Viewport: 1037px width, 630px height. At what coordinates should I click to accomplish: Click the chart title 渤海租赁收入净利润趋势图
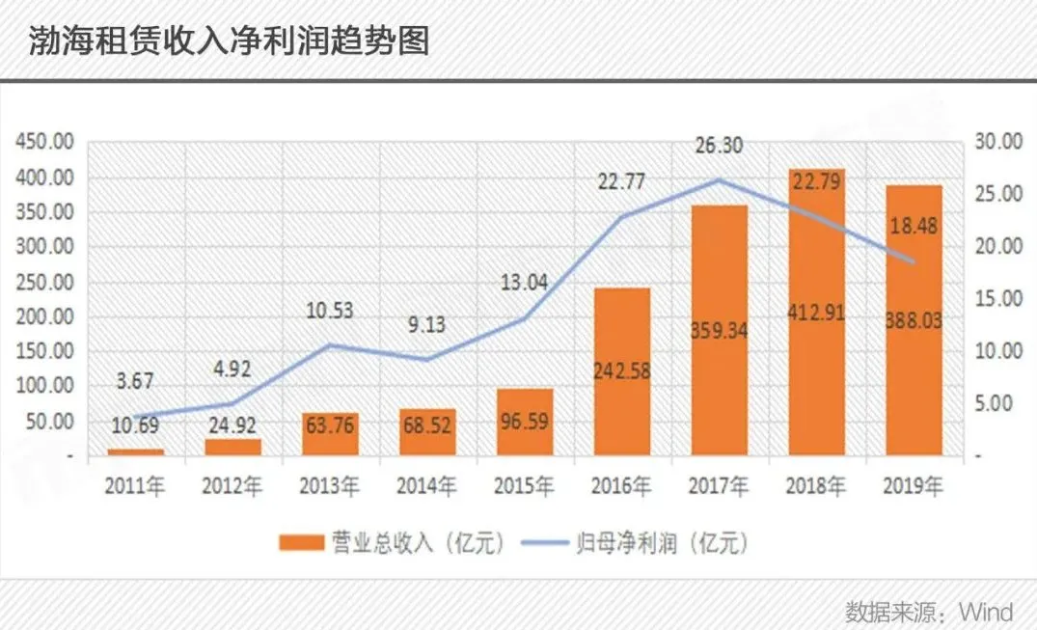click(229, 41)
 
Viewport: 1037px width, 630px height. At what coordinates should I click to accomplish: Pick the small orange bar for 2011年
click(136, 451)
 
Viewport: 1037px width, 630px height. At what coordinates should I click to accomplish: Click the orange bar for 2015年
click(525, 422)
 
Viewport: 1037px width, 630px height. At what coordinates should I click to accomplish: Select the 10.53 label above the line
click(330, 311)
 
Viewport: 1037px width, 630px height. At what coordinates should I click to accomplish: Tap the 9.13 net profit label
click(427, 324)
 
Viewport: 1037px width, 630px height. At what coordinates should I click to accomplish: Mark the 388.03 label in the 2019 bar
click(914, 320)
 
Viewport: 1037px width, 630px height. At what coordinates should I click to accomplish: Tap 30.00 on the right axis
click(997, 143)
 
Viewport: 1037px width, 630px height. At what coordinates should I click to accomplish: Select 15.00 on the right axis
click(997, 299)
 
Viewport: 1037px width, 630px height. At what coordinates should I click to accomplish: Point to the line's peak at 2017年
click(720, 179)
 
